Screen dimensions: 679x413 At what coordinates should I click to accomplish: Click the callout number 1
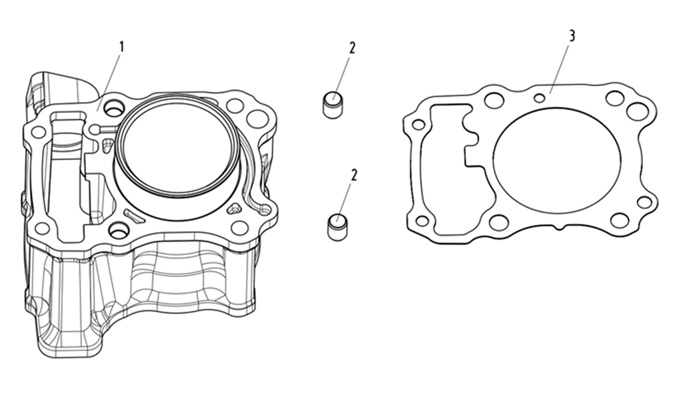[x=121, y=47]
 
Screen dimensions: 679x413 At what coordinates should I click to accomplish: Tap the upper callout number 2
[x=352, y=48]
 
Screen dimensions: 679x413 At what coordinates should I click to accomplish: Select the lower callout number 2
[x=354, y=175]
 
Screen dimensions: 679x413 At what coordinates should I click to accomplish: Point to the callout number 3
[x=572, y=36]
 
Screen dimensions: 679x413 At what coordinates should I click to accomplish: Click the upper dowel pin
[x=333, y=103]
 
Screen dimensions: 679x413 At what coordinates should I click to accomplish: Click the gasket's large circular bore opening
[x=557, y=160]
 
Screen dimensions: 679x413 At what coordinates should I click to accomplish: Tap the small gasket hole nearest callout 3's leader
[x=540, y=98]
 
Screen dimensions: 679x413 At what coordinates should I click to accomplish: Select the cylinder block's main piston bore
[x=178, y=145]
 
